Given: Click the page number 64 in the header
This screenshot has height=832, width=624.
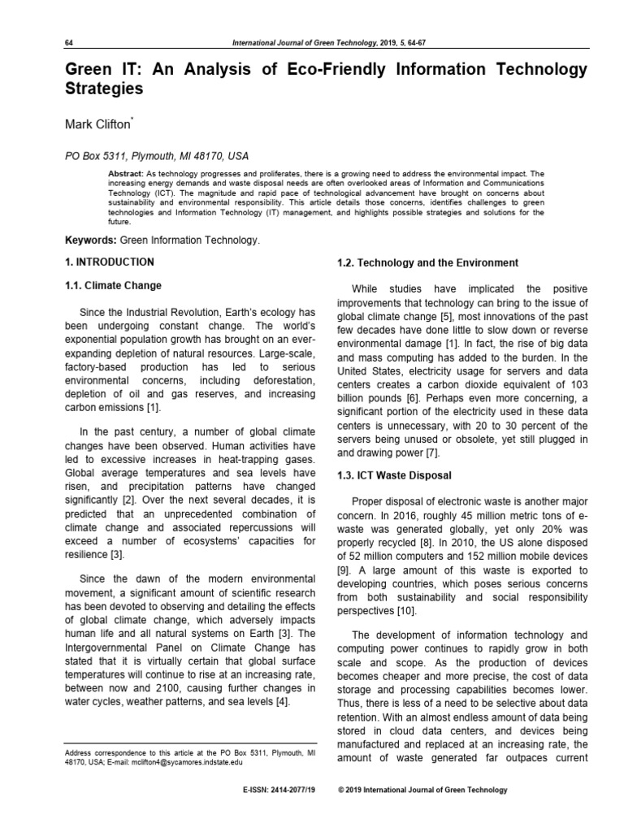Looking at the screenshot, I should tap(68, 42).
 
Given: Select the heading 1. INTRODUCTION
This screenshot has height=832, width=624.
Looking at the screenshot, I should tap(109, 262).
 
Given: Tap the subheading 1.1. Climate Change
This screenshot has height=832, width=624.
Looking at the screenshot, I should tap(113, 286).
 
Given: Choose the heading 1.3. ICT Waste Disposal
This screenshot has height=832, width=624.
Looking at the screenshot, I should tap(394, 474).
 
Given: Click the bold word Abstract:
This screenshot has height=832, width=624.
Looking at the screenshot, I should tap(126, 174).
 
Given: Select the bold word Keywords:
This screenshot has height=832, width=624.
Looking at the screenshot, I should tap(90, 240).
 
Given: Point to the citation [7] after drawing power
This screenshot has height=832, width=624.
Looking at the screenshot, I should tap(432, 453).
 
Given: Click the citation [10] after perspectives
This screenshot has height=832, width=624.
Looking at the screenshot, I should tap(406, 611).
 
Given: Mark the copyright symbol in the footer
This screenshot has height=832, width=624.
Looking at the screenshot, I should tap(341, 790).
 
